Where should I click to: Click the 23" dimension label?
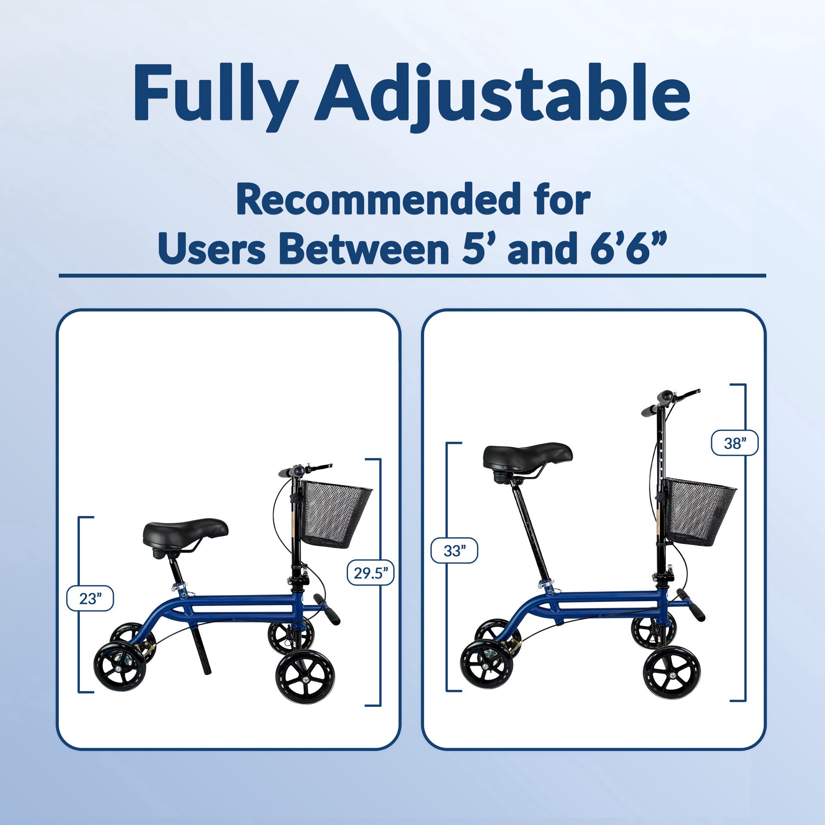point(90,599)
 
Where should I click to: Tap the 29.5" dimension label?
point(370,572)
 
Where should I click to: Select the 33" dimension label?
point(454,550)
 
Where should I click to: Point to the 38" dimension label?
point(735,443)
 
